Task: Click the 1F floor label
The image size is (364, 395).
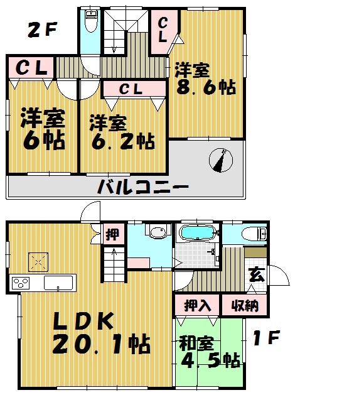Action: tap(266, 340)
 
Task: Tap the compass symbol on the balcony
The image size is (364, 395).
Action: tap(219, 160)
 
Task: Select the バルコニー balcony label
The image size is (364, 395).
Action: tap(142, 187)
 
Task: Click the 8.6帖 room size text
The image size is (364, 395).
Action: tap(205, 87)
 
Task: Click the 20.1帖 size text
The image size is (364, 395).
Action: tap(100, 344)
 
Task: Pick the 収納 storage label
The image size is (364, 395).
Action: tap(244, 306)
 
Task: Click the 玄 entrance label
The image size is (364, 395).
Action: tap(257, 275)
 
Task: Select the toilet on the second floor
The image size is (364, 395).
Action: tap(91, 23)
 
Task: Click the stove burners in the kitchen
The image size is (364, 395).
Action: tap(21, 283)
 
